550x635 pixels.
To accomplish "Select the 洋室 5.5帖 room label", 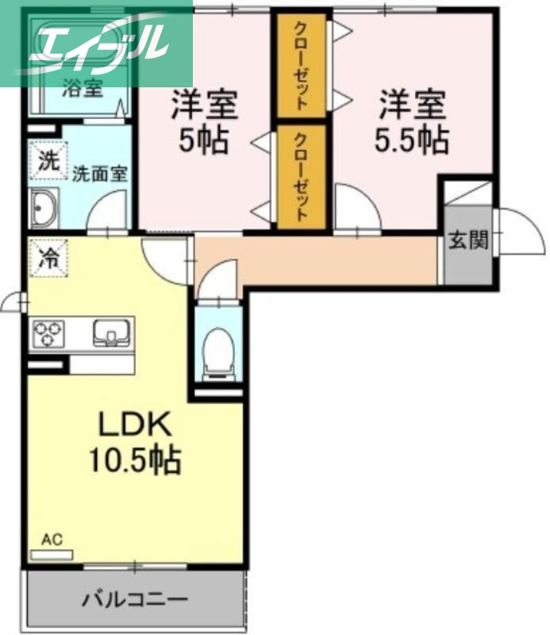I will (x=410, y=121).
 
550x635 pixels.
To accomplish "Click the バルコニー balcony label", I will (x=135, y=598).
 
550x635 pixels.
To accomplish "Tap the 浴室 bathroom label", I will (x=83, y=87).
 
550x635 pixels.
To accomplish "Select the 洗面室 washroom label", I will (x=100, y=174).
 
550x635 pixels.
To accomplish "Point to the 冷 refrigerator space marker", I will (x=48, y=256).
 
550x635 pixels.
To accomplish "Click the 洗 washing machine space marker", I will (x=48, y=160).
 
